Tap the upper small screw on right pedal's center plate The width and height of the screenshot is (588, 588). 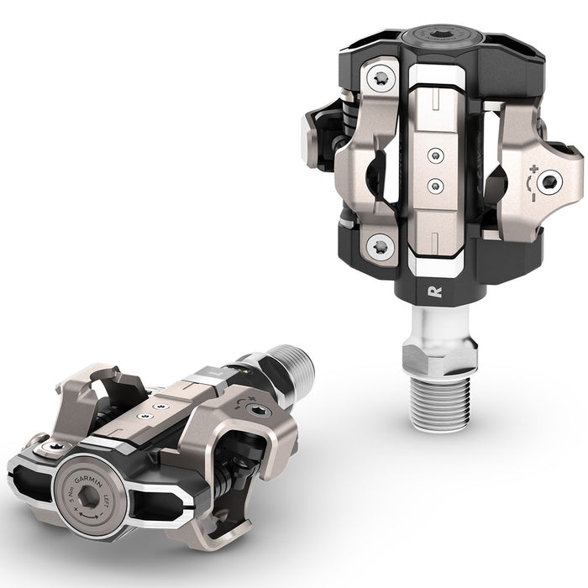(433, 154)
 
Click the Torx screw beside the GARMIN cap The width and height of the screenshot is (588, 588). (54, 446)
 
